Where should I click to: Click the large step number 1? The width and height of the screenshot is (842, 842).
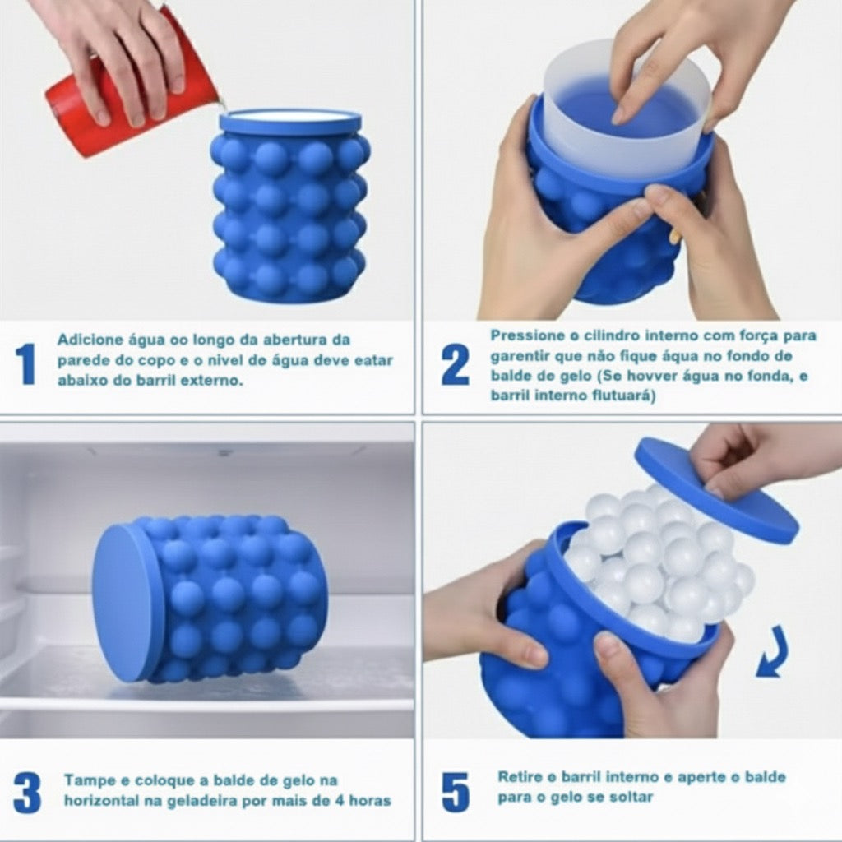click(x=25, y=364)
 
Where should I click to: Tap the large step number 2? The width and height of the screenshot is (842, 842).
click(x=455, y=364)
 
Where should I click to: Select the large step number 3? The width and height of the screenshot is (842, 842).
click(x=27, y=793)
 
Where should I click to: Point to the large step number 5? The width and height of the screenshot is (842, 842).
click(x=456, y=792)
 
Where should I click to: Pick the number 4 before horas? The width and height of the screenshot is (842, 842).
click(x=339, y=801)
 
